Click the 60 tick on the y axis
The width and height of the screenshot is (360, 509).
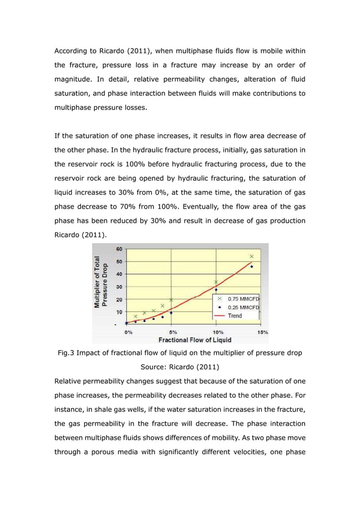point(120,249)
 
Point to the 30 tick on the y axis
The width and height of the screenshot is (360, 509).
point(120,287)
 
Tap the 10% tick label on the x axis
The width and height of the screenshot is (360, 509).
point(217,332)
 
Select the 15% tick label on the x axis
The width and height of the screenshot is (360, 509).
point(262,332)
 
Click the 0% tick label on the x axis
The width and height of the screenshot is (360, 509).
point(129,332)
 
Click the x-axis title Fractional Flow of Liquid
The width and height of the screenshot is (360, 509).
point(195,340)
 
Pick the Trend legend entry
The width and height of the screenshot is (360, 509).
point(235,315)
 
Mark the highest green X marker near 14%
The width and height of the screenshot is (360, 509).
point(252,256)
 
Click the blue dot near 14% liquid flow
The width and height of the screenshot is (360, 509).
point(252,266)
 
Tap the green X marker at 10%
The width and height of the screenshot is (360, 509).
point(216,282)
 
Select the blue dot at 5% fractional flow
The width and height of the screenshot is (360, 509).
point(171,312)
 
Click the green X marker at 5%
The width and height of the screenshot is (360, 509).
point(171,300)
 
